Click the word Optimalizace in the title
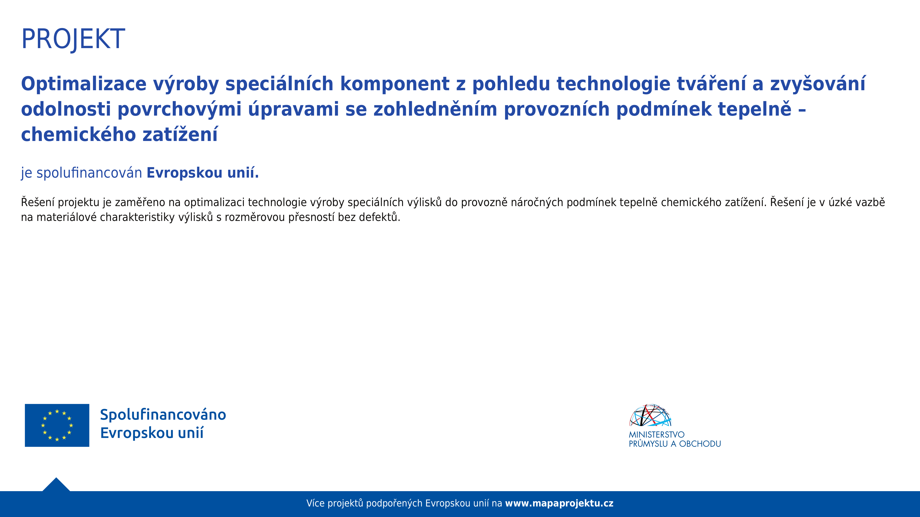84,84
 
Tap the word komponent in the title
395,84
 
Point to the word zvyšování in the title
818,84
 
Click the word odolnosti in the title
66,109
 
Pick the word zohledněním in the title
435,109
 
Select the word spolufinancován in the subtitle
89,173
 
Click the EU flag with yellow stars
57,425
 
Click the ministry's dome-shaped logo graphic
650,415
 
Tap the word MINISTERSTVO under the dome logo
656,435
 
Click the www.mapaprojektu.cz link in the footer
559,503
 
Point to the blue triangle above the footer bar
56,486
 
